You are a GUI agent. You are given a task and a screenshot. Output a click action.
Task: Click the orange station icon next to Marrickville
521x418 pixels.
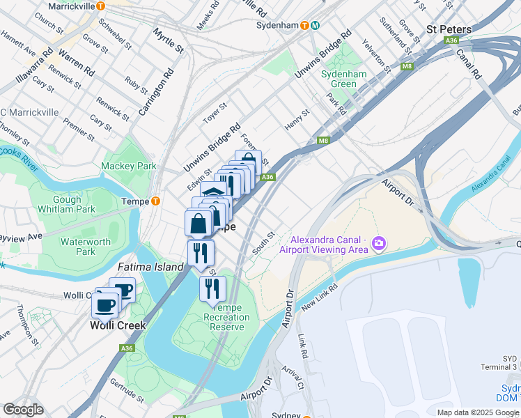101,6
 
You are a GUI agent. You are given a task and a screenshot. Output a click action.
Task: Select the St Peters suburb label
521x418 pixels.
449,29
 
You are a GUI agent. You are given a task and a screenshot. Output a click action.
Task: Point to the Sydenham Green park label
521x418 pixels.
339,79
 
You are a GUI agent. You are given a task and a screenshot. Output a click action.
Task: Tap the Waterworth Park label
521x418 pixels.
86,247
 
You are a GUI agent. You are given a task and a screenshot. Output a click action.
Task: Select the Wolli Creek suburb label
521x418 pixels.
117,325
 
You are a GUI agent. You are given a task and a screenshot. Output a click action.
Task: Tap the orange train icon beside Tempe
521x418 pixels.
155,202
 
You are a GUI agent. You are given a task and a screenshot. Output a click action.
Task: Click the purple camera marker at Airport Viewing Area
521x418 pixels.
379,244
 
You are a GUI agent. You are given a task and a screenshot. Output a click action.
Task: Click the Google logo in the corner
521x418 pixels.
23,410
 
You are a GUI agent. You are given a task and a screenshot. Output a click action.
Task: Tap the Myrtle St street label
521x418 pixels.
169,42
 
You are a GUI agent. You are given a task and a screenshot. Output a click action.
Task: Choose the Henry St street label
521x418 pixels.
297,120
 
